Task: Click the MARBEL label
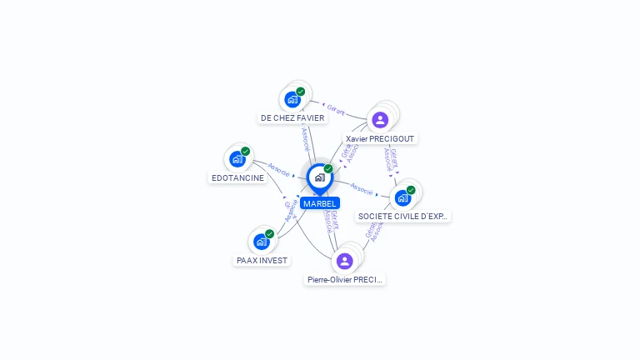(x=320, y=203)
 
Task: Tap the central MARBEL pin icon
(x=319, y=177)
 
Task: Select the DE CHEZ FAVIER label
(x=292, y=118)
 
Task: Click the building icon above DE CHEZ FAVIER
(x=292, y=99)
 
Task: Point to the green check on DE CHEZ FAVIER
(x=301, y=91)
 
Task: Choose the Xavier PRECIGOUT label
(x=380, y=138)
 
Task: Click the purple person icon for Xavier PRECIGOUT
(x=380, y=119)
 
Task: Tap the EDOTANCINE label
(x=237, y=177)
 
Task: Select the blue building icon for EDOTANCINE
(x=237, y=158)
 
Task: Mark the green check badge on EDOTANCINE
(x=246, y=151)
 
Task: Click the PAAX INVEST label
(x=262, y=260)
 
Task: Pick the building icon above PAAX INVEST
(x=261, y=242)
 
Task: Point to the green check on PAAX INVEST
(x=270, y=233)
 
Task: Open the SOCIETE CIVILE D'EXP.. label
(x=403, y=217)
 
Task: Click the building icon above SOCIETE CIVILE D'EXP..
(x=402, y=197)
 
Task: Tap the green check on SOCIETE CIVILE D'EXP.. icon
(x=411, y=190)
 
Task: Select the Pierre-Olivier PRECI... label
(x=345, y=280)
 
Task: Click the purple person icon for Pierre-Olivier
(x=345, y=261)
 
